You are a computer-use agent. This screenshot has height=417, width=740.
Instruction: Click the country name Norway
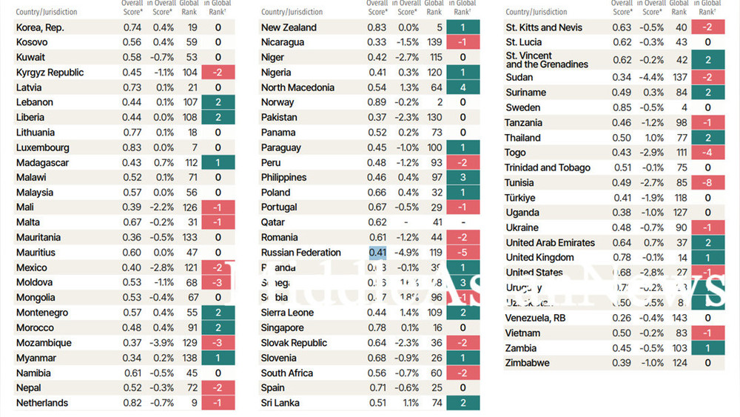coord(277,102)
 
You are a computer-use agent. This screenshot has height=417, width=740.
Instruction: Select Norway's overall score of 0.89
coord(377,102)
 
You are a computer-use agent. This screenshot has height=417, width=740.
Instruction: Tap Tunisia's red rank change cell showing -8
coord(708,182)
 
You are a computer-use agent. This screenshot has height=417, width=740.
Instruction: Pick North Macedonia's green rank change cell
coord(462,87)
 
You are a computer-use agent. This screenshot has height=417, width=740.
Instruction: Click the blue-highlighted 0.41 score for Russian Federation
coord(377,253)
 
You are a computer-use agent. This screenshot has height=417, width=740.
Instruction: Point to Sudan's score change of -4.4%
coord(651,77)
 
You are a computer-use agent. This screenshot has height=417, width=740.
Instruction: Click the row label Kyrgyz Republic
coord(50,73)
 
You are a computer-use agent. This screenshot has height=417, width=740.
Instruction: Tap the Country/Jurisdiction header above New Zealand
coord(292,12)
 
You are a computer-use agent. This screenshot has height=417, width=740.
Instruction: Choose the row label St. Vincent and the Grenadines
coord(547,60)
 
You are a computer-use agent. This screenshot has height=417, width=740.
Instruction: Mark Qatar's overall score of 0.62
coord(377,222)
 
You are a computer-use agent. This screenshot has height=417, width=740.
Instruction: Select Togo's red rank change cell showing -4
coord(708,153)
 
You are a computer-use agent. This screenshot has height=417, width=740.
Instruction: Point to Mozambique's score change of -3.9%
coord(164,343)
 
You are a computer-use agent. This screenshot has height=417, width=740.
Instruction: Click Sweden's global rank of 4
coord(680,107)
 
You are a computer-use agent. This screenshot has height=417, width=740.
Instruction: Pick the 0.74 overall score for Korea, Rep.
coord(132,27)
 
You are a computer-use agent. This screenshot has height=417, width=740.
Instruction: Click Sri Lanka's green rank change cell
coord(462,403)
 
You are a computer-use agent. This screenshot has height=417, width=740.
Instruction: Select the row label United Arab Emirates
coord(550,243)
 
